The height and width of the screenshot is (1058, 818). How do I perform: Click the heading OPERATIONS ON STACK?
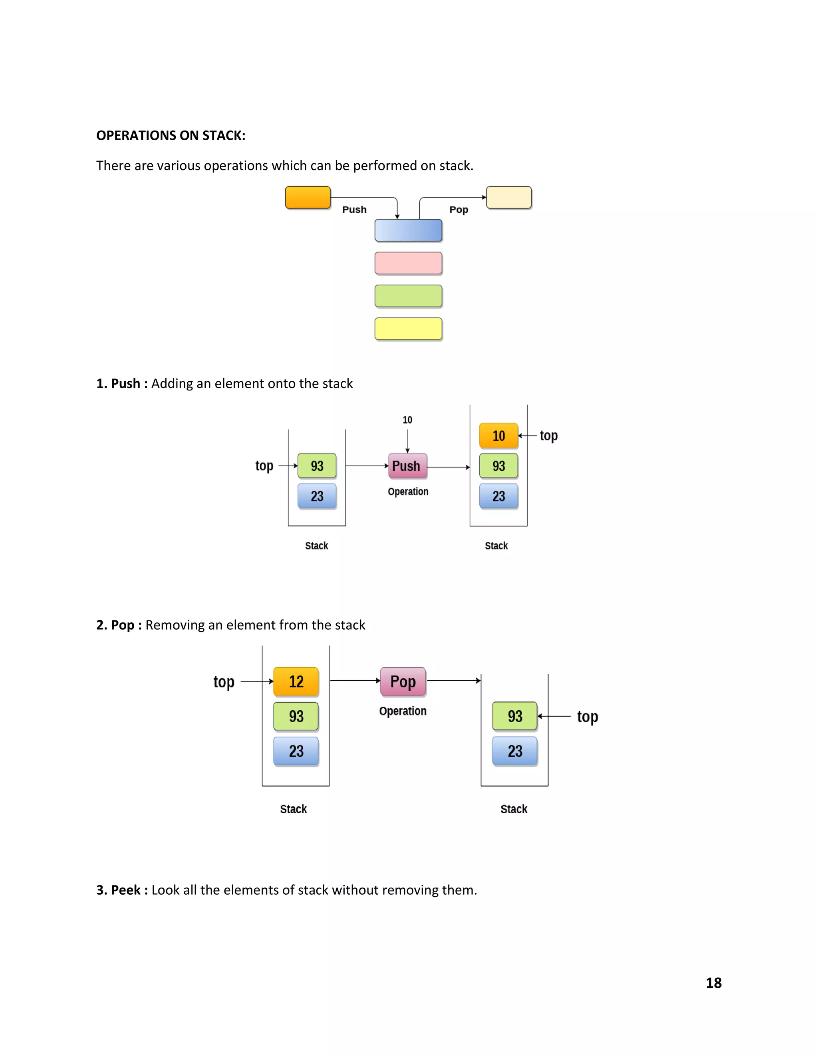tap(171, 135)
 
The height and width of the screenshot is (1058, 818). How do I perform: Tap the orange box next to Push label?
tap(308, 198)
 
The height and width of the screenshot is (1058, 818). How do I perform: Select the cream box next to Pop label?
tap(509, 198)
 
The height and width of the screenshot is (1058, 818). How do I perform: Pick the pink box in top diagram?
tap(408, 263)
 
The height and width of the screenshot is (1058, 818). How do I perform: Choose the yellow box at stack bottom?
tap(408, 329)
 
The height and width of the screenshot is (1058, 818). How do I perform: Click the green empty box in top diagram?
tap(408, 296)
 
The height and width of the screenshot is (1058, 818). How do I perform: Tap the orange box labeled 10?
tap(498, 436)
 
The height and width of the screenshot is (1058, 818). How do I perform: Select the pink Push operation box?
tap(407, 466)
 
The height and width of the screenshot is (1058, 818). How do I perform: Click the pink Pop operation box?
tap(403, 682)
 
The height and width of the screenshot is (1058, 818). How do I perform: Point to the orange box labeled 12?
tap(296, 682)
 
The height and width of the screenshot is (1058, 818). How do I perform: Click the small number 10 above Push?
tap(407, 420)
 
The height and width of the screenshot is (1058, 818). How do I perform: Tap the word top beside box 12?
tap(224, 682)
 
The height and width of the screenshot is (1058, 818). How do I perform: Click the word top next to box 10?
tap(548, 436)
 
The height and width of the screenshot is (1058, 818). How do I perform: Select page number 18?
tap(713, 983)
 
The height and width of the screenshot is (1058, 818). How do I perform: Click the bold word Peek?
tap(125, 890)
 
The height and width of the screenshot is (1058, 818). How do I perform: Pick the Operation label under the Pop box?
tap(403, 711)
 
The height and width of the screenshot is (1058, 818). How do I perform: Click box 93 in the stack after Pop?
tap(514, 716)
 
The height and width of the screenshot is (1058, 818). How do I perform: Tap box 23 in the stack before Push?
tap(317, 496)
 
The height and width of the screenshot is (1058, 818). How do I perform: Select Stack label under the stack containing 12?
tap(293, 809)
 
